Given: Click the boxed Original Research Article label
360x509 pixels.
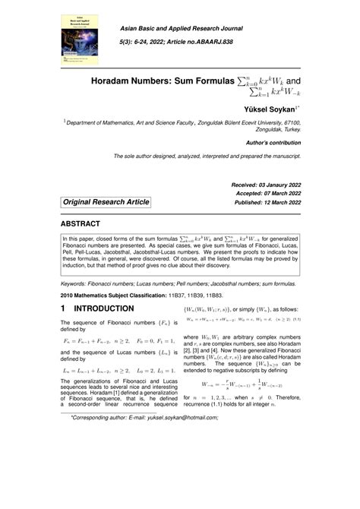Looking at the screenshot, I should pyautogui.click(x=106, y=202).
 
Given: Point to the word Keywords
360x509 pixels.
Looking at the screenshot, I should pyautogui.click(x=77, y=282).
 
